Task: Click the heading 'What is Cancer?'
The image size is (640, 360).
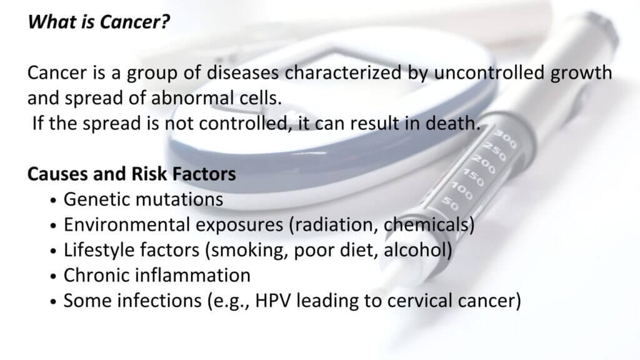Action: (98, 22)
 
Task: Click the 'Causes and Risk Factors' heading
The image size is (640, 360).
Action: (131, 174)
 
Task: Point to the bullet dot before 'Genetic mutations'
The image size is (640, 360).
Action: (54, 201)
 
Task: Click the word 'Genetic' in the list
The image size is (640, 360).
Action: (96, 199)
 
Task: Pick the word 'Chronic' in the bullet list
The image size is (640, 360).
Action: (96, 276)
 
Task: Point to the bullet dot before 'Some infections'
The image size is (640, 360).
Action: (54, 302)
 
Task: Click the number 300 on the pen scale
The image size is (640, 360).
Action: (506, 139)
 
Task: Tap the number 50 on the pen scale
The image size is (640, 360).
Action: (450, 203)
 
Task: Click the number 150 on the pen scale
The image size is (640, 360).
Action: (473, 177)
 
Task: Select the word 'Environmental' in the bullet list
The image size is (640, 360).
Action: (126, 225)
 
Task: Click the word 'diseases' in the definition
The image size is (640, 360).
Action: (243, 72)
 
